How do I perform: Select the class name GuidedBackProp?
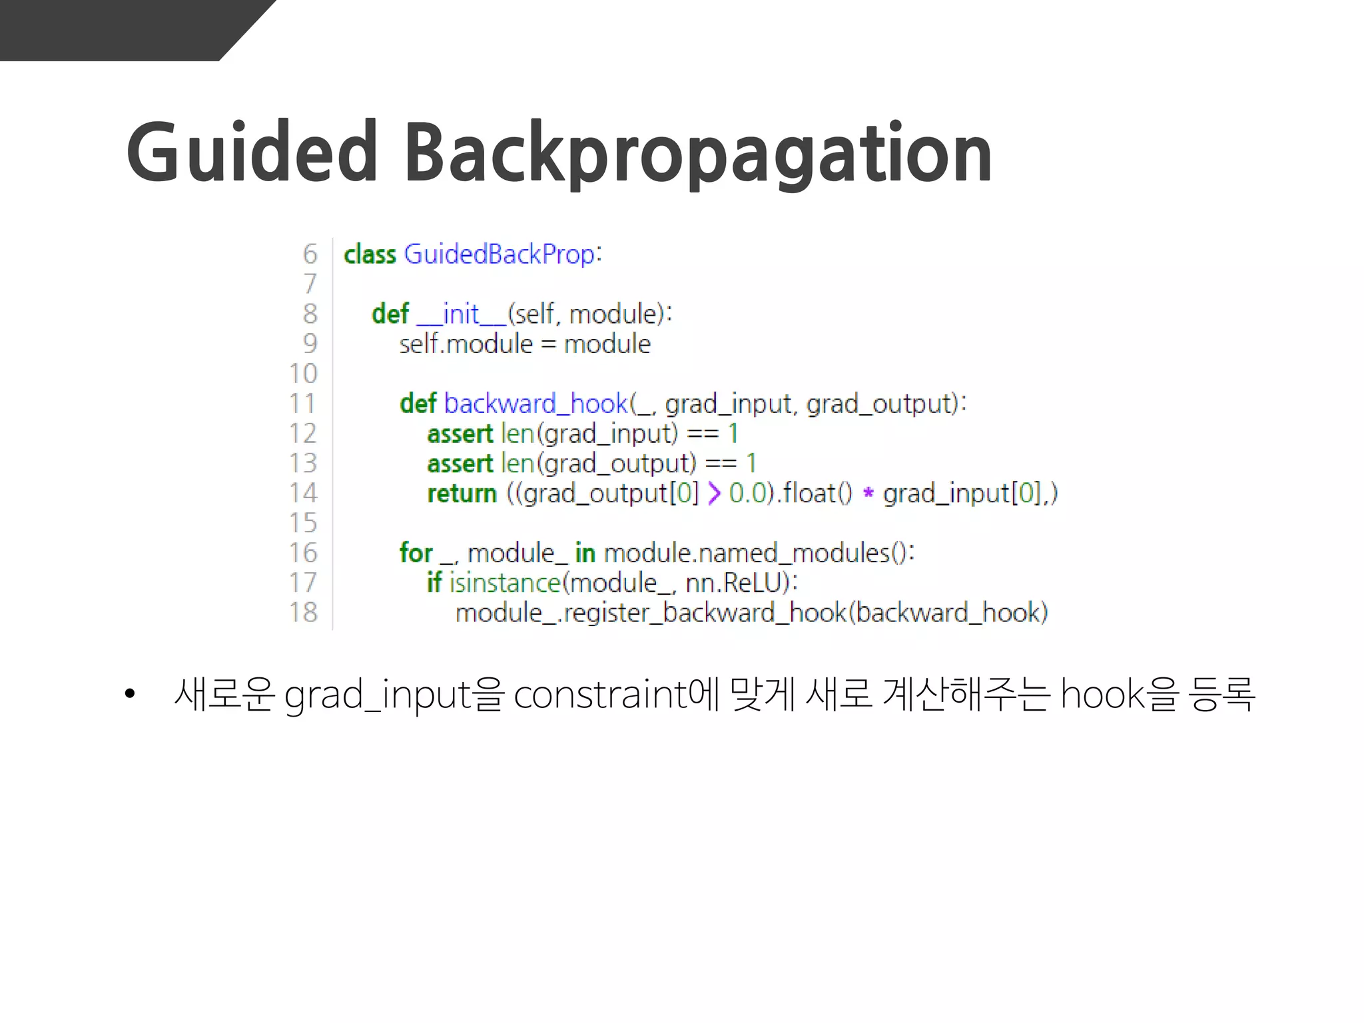(x=499, y=254)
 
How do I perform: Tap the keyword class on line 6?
(x=370, y=254)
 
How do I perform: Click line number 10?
(x=303, y=374)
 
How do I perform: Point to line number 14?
(x=303, y=493)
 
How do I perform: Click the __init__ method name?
(x=461, y=314)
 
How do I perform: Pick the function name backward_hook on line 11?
(x=535, y=404)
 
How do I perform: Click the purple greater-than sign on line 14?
(x=714, y=494)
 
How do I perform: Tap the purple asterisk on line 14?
(x=868, y=494)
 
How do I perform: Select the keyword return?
(x=462, y=494)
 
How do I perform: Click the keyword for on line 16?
(x=416, y=553)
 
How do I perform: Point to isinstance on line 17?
(x=506, y=583)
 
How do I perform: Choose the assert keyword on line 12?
(x=460, y=434)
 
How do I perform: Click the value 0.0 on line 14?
(x=747, y=494)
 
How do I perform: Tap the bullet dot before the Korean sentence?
(x=130, y=695)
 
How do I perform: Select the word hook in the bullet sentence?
(x=1102, y=695)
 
